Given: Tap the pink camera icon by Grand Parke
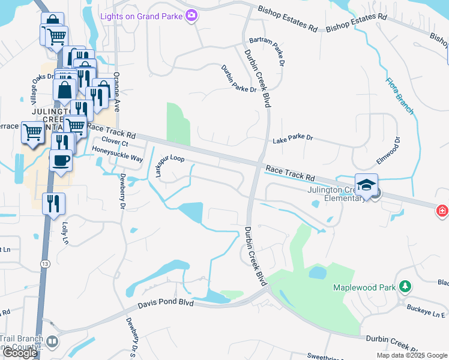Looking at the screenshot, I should coord(192,16).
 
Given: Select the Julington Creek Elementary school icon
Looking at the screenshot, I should coord(366,185).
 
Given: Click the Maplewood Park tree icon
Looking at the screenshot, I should coord(405,287).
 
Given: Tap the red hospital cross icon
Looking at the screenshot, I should coord(442,211).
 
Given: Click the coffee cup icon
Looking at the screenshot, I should coord(61,160).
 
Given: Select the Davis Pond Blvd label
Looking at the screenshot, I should coord(166,303).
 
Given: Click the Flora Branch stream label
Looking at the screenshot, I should coord(400,95).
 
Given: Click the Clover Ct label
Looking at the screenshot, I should coord(115,142).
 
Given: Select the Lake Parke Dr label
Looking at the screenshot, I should coord(293,139).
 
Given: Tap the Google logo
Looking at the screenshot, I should coord(20,353).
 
